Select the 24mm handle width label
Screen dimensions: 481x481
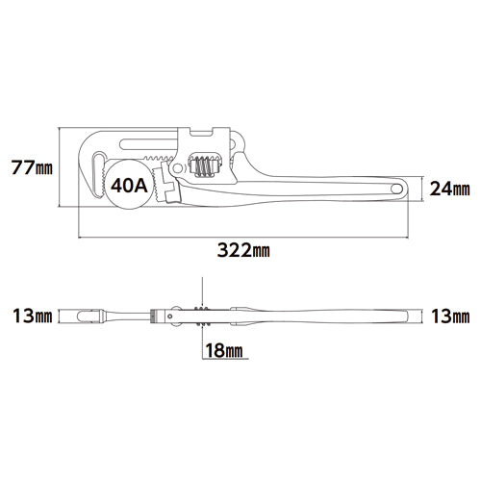(448, 188)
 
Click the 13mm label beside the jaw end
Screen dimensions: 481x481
(31, 316)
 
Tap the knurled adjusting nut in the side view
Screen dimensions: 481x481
(203, 316)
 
